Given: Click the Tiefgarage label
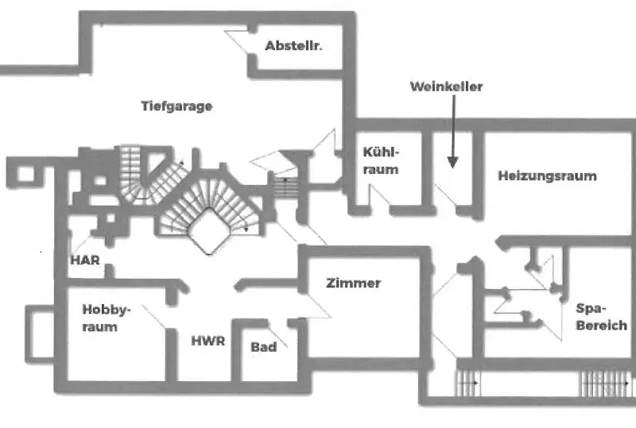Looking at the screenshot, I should coord(176,106).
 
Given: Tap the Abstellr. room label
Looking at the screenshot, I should coord(293,46).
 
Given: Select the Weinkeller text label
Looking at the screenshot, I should coord(446,87).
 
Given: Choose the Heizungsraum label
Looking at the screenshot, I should coord(547,175).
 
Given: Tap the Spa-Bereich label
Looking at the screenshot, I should coord(600,316).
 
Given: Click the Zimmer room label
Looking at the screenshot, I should coord(353,283).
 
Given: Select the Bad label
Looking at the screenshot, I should coord(263,347).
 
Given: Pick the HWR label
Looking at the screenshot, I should coord(208,341).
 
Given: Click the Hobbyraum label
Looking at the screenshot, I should coord(106,318).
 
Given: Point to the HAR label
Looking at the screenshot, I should coord(84,260).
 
